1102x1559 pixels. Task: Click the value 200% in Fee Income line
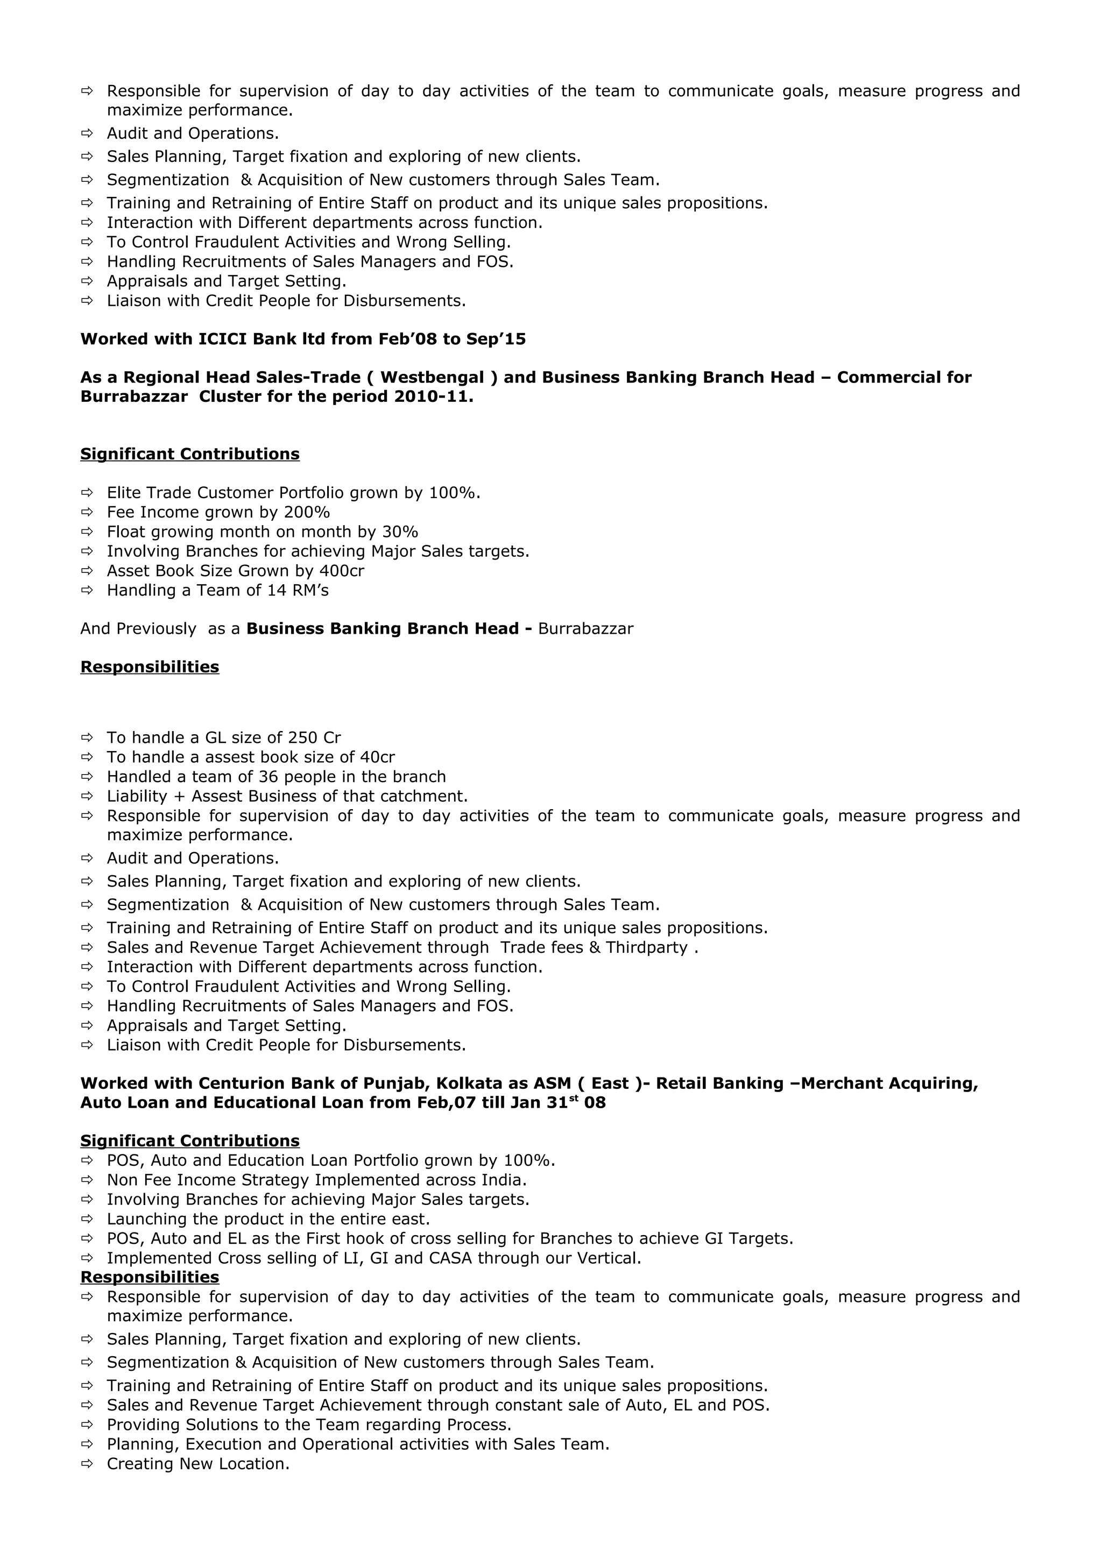[307, 512]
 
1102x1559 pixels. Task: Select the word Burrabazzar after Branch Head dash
[585, 629]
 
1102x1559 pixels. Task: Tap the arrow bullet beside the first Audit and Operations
[86, 133]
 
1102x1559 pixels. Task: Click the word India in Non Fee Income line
[503, 1180]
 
